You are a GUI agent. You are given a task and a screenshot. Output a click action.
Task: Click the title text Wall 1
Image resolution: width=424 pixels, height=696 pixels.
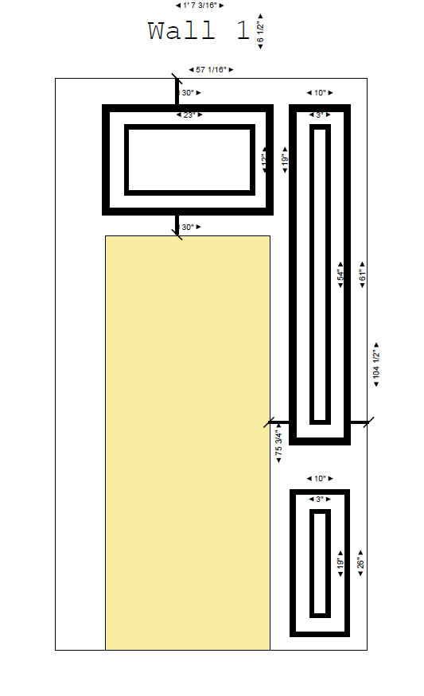199,31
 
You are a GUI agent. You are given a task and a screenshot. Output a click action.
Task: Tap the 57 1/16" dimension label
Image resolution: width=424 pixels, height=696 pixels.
210,70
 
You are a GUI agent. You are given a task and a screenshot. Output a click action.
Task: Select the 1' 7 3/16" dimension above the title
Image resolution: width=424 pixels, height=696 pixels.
200,6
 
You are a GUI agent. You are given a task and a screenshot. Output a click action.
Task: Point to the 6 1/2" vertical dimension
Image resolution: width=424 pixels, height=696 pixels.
260,32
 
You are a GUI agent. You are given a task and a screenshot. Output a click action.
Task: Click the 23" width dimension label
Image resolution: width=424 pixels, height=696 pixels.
189,115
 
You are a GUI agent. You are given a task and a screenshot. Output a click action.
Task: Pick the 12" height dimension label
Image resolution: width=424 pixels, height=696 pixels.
264,160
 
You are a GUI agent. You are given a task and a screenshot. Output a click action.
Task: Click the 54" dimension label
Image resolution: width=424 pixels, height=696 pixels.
340,275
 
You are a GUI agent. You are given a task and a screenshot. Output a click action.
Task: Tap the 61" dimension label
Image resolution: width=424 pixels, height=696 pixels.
363,275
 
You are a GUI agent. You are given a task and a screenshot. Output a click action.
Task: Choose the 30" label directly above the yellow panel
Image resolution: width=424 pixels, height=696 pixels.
189,227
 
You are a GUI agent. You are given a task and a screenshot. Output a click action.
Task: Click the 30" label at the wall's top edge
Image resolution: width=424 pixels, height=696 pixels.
189,93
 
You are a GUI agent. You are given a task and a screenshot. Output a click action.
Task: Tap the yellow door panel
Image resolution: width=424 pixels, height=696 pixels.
188,442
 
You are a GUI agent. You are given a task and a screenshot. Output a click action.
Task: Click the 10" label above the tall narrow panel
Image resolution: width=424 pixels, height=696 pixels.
320,93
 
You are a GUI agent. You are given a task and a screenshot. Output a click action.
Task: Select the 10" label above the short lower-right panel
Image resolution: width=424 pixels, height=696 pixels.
320,479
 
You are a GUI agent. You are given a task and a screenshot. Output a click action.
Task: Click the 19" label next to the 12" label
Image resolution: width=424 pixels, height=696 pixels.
285,160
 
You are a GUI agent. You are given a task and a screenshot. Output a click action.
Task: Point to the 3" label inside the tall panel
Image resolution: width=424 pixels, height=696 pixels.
320,115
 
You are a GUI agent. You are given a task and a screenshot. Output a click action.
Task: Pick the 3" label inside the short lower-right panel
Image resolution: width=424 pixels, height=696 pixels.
320,500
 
